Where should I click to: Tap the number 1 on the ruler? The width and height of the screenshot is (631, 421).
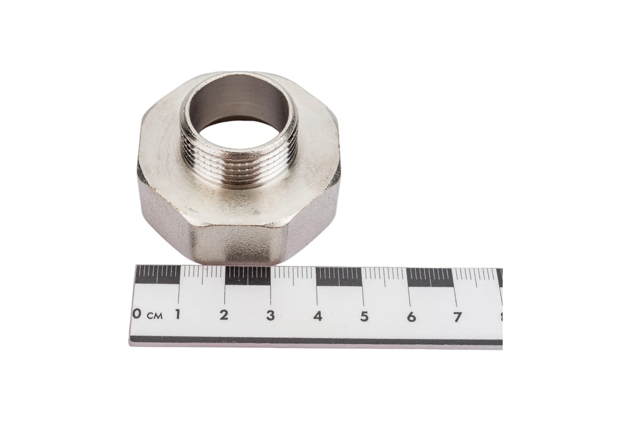177,314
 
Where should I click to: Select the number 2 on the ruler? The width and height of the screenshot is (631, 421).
224,315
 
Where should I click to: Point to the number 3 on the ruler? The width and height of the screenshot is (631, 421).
271,315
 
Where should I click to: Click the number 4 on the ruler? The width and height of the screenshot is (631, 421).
318,316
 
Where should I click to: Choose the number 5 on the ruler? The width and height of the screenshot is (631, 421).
364,317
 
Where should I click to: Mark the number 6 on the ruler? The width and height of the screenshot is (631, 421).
411,317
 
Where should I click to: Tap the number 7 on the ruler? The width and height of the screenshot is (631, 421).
458,317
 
